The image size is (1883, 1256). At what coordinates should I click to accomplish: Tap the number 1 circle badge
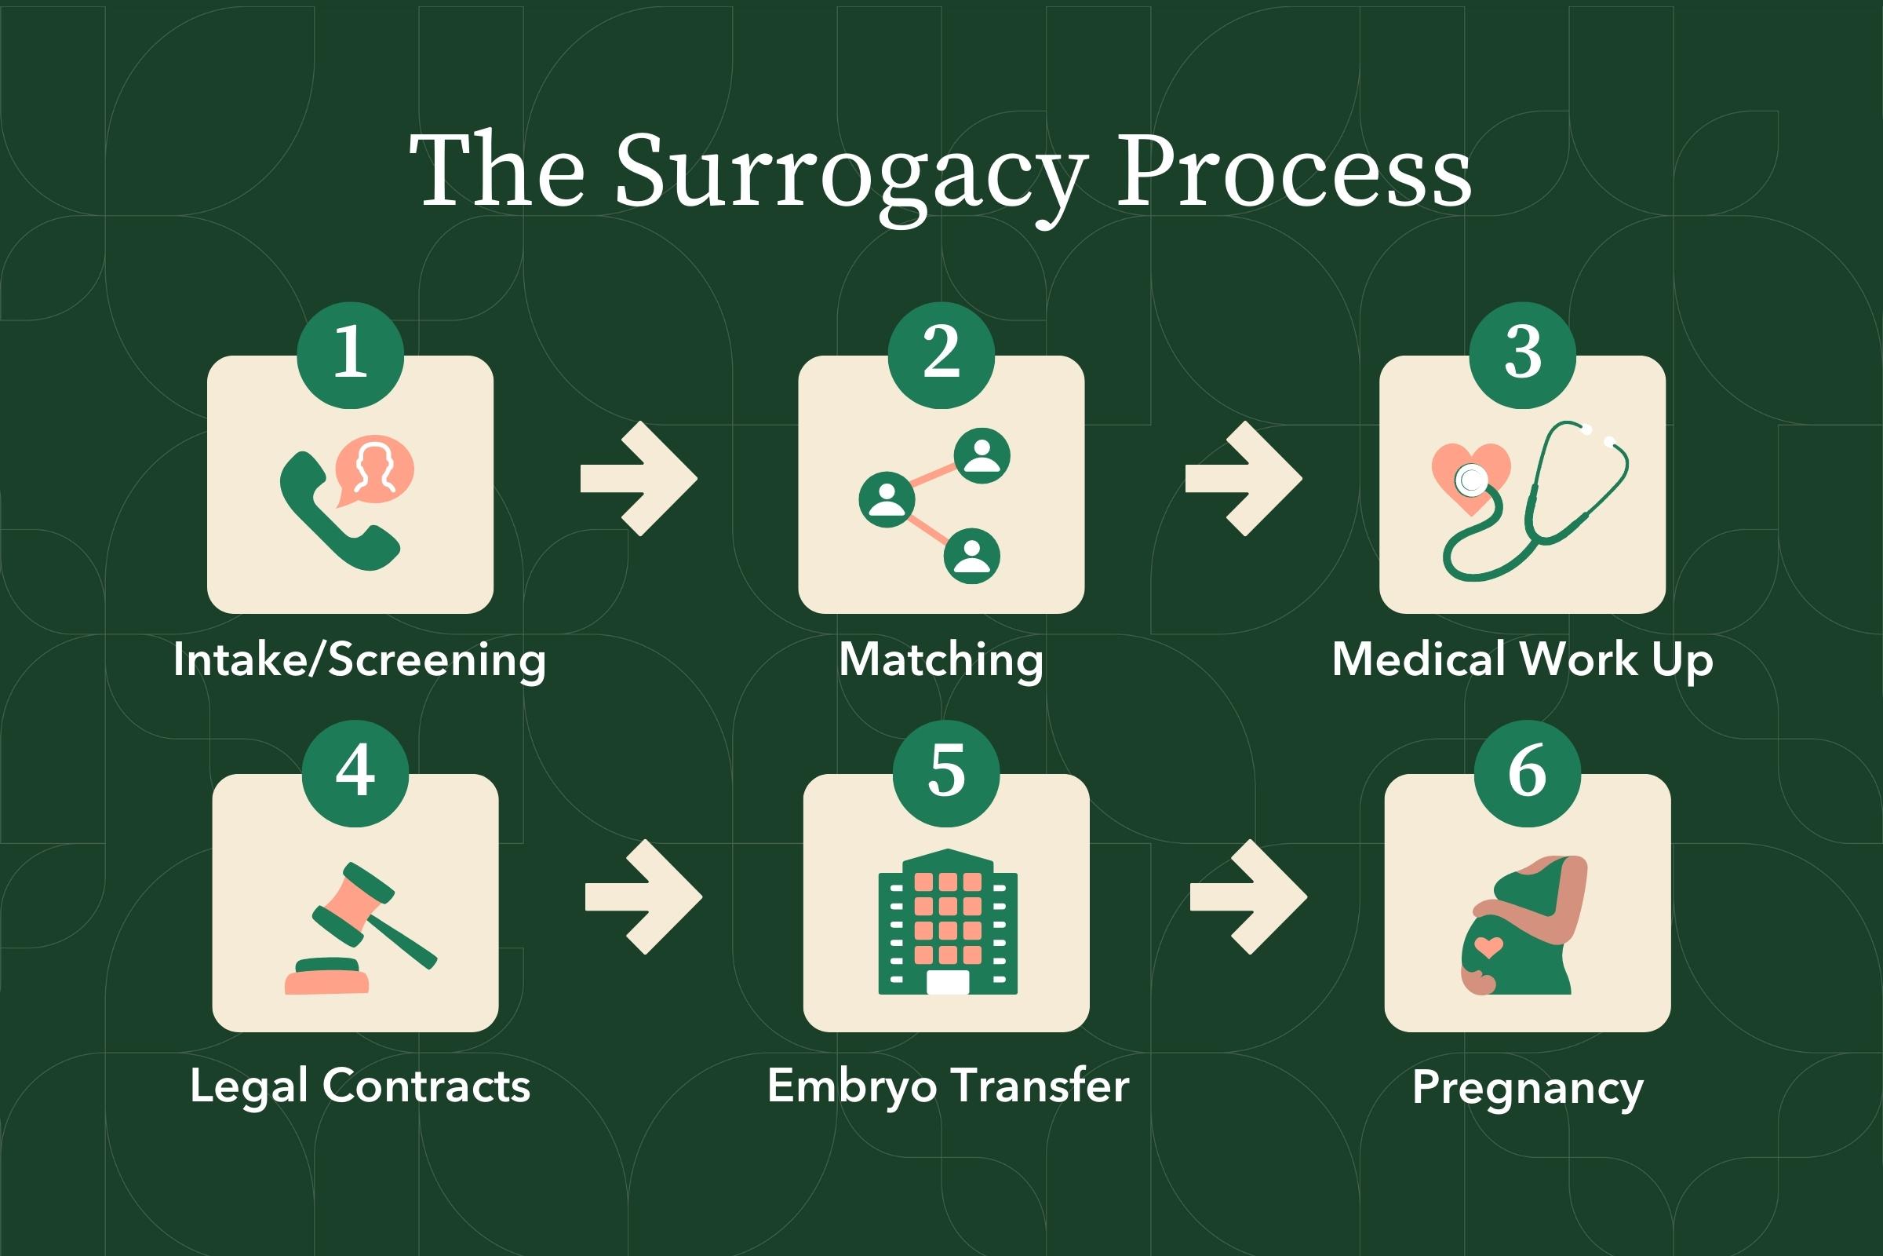coord(350,355)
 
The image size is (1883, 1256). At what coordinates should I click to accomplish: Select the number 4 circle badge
coord(355,773)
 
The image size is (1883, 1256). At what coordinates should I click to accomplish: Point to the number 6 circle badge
coord(1527,773)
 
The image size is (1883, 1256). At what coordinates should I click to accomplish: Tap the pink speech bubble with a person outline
coord(375,470)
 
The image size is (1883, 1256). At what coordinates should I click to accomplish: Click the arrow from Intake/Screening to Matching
coord(638,479)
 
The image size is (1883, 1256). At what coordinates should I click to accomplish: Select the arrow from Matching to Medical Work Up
coord(1244,479)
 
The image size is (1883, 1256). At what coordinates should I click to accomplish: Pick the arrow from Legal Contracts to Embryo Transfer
coord(643,897)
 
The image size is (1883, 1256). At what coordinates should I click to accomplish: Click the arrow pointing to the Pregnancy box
coord(1248,897)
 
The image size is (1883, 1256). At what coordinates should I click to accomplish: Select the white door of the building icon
coord(947,981)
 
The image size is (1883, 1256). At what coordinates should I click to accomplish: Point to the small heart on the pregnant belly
coord(1488,947)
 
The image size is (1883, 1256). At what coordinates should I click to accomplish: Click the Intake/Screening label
coord(359,661)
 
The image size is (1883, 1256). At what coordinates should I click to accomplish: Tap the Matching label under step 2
coord(941,661)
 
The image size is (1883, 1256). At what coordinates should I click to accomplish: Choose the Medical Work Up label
coord(1522,661)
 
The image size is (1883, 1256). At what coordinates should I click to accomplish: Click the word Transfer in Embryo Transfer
coord(1042,1086)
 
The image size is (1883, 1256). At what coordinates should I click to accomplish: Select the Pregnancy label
coord(1528,1090)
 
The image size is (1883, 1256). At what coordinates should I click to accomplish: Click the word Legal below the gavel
coord(249,1088)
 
